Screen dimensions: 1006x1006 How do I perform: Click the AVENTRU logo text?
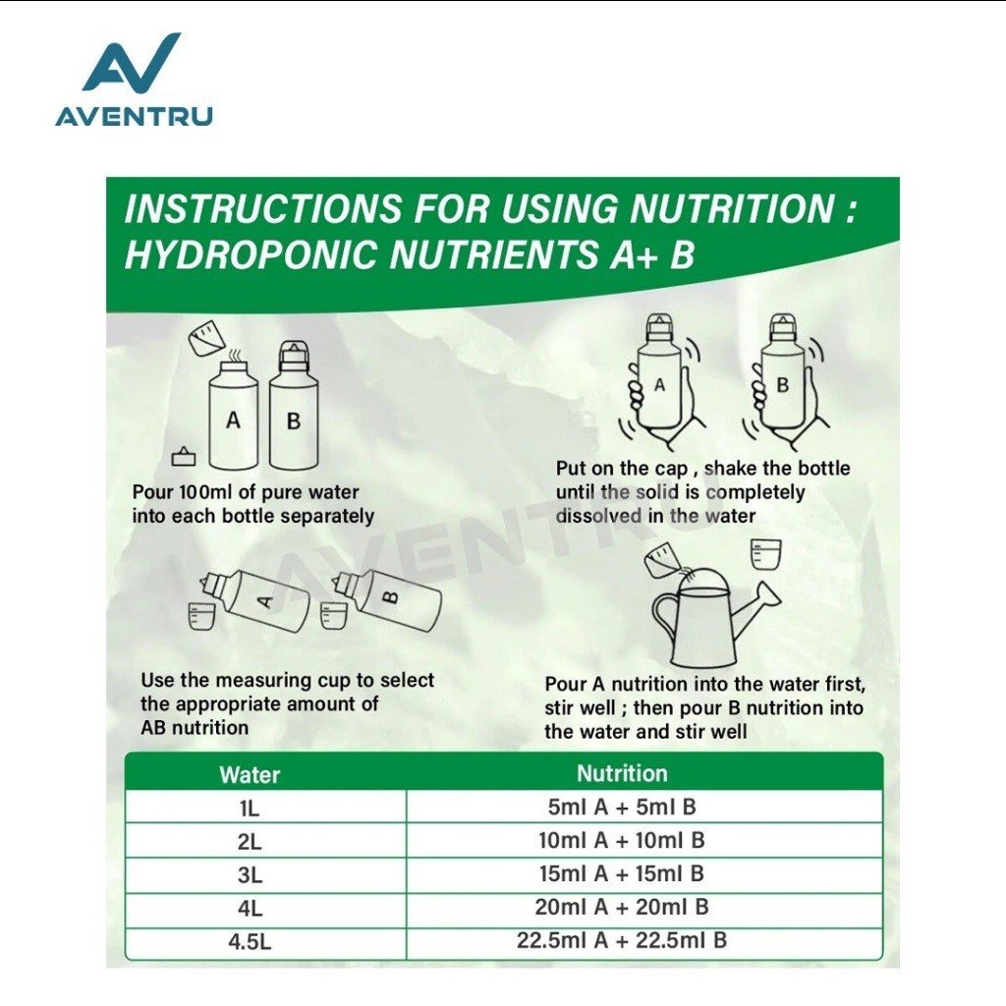click(134, 117)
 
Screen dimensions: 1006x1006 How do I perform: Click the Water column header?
click(250, 774)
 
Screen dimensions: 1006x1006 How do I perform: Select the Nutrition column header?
click(622, 773)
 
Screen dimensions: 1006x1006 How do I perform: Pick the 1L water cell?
click(250, 809)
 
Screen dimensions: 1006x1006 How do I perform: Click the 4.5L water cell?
click(250, 942)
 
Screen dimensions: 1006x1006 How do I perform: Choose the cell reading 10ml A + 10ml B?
click(621, 840)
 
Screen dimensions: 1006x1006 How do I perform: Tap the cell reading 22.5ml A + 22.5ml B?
click(621, 940)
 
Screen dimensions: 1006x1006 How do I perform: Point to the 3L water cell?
click(250, 874)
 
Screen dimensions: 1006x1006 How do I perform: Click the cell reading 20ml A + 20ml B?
click(621, 907)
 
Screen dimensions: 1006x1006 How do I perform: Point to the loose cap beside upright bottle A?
click(184, 456)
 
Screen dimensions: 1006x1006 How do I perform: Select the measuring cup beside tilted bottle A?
click(199, 616)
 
